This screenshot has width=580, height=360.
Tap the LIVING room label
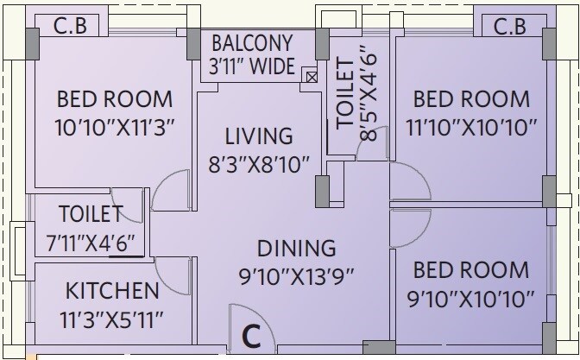click(x=259, y=136)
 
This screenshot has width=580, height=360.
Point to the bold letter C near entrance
click(x=251, y=334)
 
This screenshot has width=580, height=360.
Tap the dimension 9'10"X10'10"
click(x=471, y=300)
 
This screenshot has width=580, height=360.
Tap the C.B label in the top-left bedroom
click(x=72, y=28)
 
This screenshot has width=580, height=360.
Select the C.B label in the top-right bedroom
click(x=509, y=28)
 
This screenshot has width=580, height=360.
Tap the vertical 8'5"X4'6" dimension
click(x=369, y=98)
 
